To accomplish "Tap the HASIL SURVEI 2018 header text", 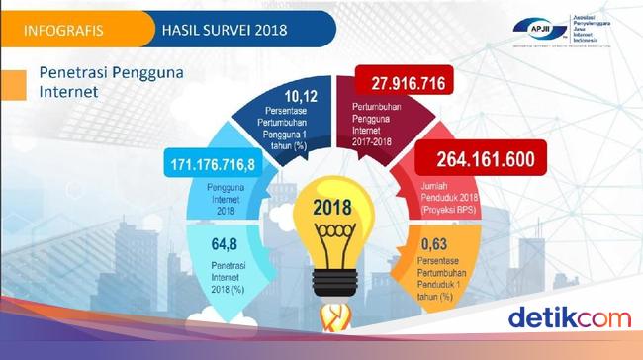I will coord(221,27).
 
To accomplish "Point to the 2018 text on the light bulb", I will coord(331,209).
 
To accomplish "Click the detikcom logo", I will coord(571,317).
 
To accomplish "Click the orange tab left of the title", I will coord(13,83).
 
